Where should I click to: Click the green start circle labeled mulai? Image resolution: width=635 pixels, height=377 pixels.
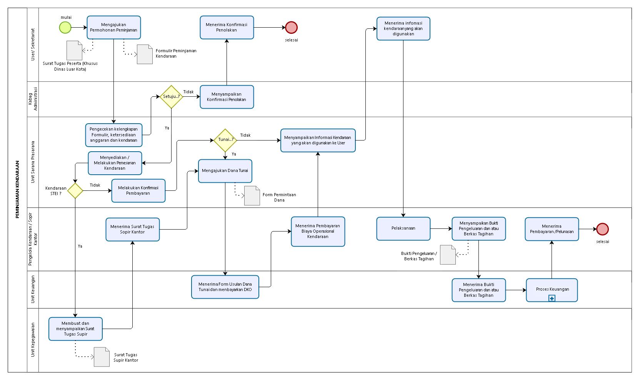tap(65, 28)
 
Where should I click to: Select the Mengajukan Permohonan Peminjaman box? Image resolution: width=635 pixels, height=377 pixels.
tap(114, 28)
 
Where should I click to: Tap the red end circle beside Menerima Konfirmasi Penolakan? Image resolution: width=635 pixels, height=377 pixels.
tap(291, 28)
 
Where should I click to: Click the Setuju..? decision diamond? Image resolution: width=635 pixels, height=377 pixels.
tap(171, 97)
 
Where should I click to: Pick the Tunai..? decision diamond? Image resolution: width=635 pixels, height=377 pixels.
tap(225, 140)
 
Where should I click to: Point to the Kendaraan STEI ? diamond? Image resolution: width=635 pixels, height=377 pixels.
tap(75, 190)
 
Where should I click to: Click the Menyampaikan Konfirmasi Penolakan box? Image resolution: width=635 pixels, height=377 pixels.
tap(227, 97)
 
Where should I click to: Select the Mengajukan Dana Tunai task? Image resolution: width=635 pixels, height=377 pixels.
tap(225, 171)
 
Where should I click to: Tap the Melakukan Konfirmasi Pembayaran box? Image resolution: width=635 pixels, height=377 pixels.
tap(138, 190)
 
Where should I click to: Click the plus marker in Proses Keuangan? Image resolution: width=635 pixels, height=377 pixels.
tap(552, 298)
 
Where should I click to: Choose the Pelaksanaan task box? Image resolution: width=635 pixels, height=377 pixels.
tap(403, 228)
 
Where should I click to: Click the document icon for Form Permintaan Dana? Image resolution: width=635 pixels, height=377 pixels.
tap(252, 195)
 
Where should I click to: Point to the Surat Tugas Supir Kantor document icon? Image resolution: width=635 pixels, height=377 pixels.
tap(102, 357)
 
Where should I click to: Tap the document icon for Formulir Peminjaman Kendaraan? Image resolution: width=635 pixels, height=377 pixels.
tap(145, 55)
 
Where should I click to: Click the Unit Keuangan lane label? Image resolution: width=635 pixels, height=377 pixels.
tap(33, 289)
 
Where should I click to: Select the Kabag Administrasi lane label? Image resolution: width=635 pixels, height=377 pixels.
tap(33, 99)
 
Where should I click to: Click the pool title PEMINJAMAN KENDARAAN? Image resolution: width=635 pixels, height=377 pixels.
tap(18, 189)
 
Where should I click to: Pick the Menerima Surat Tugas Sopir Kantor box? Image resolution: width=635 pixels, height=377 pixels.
tap(133, 229)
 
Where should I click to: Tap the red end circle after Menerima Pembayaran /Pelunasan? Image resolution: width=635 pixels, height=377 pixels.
tap(602, 229)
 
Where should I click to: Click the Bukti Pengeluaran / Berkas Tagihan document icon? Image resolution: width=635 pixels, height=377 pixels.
tap(448, 255)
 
